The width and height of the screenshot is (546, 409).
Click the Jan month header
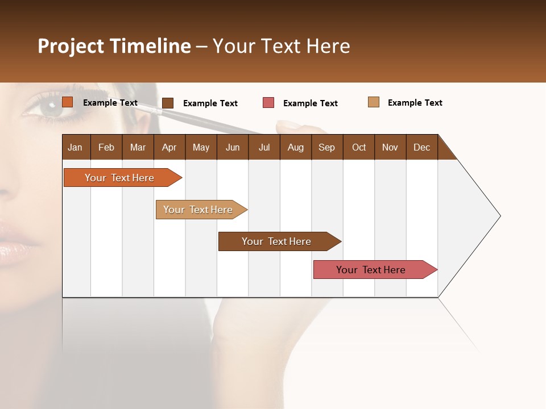pos(76,147)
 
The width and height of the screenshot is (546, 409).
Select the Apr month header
pos(169,147)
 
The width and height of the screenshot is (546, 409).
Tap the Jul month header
pos(264,147)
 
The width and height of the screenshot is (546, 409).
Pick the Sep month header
pos(327,147)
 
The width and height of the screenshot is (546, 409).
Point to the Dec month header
pos(421,147)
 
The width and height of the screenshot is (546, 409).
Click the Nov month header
pos(390,147)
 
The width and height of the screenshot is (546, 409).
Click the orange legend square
pos(68,102)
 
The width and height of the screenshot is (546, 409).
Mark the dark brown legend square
pos(168,103)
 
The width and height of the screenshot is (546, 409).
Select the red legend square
pos(268,103)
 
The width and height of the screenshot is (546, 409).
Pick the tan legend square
pos(374,102)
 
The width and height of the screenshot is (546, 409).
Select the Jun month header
pos(233,147)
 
